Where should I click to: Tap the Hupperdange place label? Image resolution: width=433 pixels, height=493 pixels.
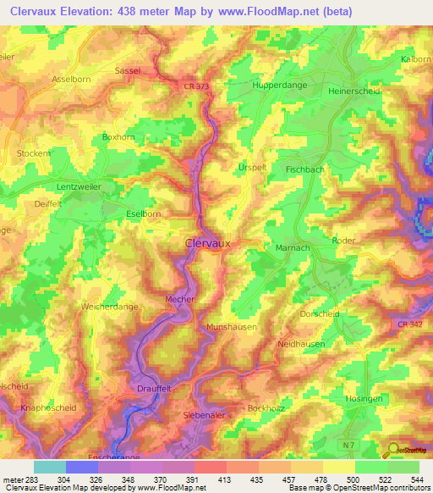coord(282,86)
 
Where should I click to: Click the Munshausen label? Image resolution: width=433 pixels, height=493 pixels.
coord(232,326)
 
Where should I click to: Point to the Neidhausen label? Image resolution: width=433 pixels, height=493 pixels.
coord(302,345)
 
